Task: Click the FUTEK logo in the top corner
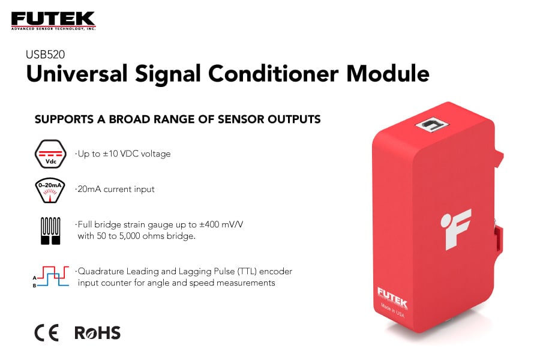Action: coord(53,20)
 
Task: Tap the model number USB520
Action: coord(45,54)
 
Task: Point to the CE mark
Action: coord(46,333)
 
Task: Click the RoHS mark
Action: coord(97,333)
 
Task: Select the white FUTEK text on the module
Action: coord(392,293)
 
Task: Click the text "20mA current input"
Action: coord(116,189)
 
